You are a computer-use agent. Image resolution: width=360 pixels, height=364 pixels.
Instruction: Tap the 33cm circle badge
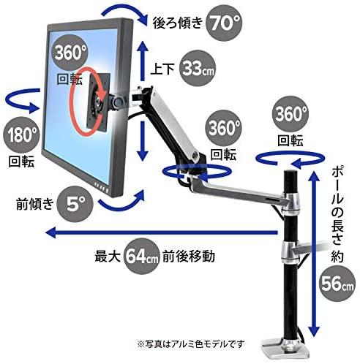pyautogui.click(x=198, y=69)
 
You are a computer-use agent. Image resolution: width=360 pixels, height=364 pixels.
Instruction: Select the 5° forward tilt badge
pyautogui.click(x=75, y=204)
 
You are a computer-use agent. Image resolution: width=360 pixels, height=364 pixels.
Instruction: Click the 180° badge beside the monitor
pyautogui.click(x=21, y=135)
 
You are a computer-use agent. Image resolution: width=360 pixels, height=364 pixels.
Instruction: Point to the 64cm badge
pyautogui.click(x=142, y=257)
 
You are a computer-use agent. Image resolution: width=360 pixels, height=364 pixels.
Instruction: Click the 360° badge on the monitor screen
pyautogui.click(x=70, y=53)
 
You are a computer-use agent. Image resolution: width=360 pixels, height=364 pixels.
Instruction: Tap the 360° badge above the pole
pyautogui.click(x=290, y=114)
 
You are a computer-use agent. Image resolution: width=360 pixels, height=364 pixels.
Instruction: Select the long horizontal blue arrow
pyautogui.click(x=162, y=232)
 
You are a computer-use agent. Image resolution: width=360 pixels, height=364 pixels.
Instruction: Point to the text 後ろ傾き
pyautogui.click(x=178, y=23)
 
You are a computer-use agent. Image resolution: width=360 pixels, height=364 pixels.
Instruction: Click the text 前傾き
pyautogui.click(x=34, y=204)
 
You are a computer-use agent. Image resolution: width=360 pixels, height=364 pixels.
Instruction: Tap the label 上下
pyautogui.click(x=162, y=69)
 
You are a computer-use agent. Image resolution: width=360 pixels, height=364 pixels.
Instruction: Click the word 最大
pyautogui.click(x=108, y=257)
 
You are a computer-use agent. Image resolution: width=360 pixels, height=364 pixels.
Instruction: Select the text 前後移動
pyautogui.click(x=189, y=257)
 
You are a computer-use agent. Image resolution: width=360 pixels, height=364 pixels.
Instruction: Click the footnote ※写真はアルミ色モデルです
pyautogui.click(x=191, y=344)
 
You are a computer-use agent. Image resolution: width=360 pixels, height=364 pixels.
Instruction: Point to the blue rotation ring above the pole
pyautogui.click(x=290, y=159)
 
